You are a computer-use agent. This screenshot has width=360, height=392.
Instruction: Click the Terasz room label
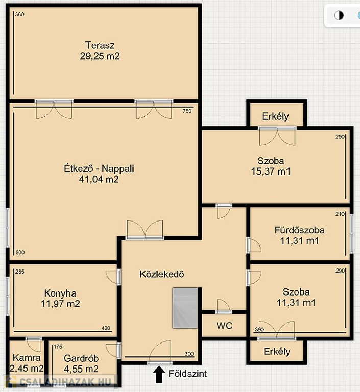pyautogui.click(x=100, y=45)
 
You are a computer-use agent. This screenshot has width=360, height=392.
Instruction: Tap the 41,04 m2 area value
pyautogui.click(x=99, y=179)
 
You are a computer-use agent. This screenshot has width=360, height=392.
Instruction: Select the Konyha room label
pyautogui.click(x=60, y=293)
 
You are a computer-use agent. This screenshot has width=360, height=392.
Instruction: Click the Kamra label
pyautogui.click(x=27, y=357)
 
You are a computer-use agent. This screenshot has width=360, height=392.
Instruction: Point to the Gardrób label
pyautogui.click(x=81, y=358)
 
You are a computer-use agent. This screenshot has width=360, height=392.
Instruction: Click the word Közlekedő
pyautogui.click(x=161, y=274)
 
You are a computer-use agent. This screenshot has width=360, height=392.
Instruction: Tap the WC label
pyautogui.click(x=224, y=326)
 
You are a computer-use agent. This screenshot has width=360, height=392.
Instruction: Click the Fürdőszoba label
pyautogui.click(x=300, y=230)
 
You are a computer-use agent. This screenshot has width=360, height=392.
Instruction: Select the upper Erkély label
pyautogui.click(x=275, y=116)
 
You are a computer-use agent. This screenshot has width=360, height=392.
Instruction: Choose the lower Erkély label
pyautogui.click(x=277, y=352)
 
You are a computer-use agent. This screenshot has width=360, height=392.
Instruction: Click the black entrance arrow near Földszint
pyautogui.click(x=159, y=375)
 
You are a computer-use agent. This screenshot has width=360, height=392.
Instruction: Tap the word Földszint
pyautogui.click(x=187, y=374)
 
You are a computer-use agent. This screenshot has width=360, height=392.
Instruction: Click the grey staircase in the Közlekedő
pyautogui.click(x=185, y=308)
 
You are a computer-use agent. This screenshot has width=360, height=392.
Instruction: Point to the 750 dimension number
pyautogui.click(x=187, y=111)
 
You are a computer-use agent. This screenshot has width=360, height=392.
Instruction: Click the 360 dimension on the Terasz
pyautogui.click(x=19, y=14)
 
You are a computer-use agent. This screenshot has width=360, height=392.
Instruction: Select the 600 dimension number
pyautogui.click(x=20, y=252)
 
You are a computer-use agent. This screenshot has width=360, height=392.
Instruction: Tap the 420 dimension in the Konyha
pyautogui.click(x=106, y=328)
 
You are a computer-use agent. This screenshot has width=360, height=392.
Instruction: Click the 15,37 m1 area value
pyautogui.click(x=271, y=171)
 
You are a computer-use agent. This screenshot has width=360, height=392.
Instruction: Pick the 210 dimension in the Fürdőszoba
pyautogui.click(x=340, y=214)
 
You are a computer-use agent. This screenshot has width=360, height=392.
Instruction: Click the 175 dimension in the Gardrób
pyautogui.click(x=58, y=347)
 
